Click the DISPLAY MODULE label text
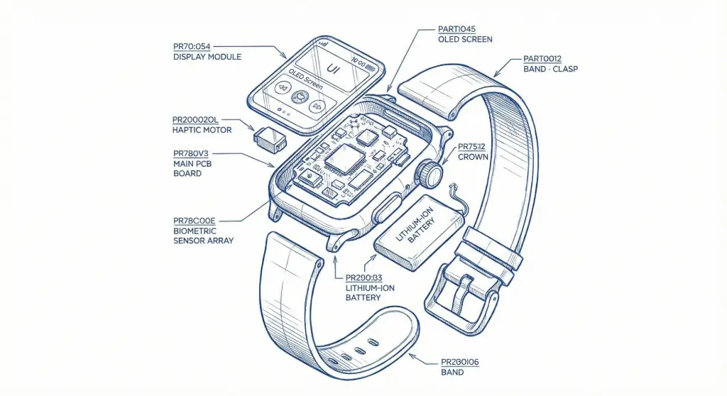[207, 57]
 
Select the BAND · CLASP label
[550, 69]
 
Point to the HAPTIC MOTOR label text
[202, 130]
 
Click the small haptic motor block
[270, 138]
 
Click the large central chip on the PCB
[344, 159]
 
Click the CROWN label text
[473, 156]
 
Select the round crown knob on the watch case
[430, 172]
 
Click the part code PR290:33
[363, 277]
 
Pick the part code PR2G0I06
[460, 362]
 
